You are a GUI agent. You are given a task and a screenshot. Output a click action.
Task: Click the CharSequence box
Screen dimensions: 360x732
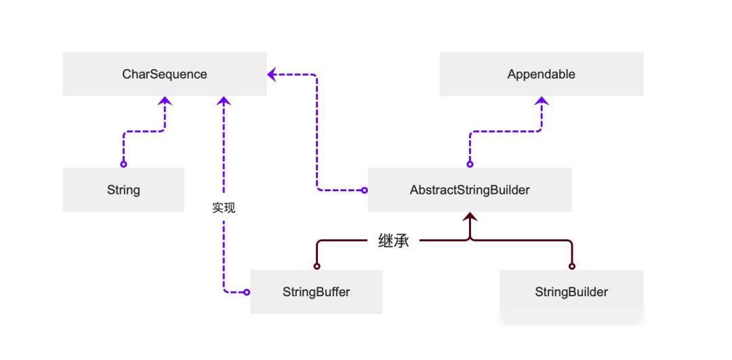coord(165,75)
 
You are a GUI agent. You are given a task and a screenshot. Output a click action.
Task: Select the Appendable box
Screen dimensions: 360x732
coord(541,75)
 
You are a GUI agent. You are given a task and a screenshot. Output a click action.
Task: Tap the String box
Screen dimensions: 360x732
coord(123,190)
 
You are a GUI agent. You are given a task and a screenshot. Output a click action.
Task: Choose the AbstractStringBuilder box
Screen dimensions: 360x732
coord(470,190)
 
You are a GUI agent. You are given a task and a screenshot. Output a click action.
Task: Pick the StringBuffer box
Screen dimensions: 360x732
coord(316,292)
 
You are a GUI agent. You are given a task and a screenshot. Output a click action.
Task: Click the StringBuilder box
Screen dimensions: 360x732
coord(571,292)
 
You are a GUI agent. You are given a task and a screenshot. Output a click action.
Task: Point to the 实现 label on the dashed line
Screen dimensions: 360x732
coord(224,208)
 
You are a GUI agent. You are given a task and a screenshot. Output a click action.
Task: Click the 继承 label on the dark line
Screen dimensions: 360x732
coord(393,241)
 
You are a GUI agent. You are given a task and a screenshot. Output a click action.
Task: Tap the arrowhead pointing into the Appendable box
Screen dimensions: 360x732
coord(541,100)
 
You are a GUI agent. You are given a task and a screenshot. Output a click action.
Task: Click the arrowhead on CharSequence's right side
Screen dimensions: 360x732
coord(272,75)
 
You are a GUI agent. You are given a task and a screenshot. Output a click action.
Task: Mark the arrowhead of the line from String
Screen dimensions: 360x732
coord(165,100)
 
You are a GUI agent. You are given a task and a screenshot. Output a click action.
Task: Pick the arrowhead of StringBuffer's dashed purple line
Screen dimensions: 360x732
coord(224,100)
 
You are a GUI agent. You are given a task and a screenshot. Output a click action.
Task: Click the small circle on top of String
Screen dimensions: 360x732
coord(123,164)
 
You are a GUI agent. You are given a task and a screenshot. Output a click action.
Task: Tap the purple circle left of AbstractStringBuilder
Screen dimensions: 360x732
coord(364,190)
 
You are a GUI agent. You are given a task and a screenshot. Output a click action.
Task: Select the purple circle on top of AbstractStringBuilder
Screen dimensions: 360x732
coord(470,164)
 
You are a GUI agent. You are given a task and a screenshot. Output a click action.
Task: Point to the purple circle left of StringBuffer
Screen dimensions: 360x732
coord(247,292)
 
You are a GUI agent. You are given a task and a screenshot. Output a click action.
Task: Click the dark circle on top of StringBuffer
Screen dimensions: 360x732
coord(316,266)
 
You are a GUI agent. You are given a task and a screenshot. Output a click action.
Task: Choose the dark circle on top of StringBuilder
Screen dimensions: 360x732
coord(571,266)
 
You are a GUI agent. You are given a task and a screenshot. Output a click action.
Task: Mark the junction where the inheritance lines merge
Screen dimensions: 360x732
coord(470,240)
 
